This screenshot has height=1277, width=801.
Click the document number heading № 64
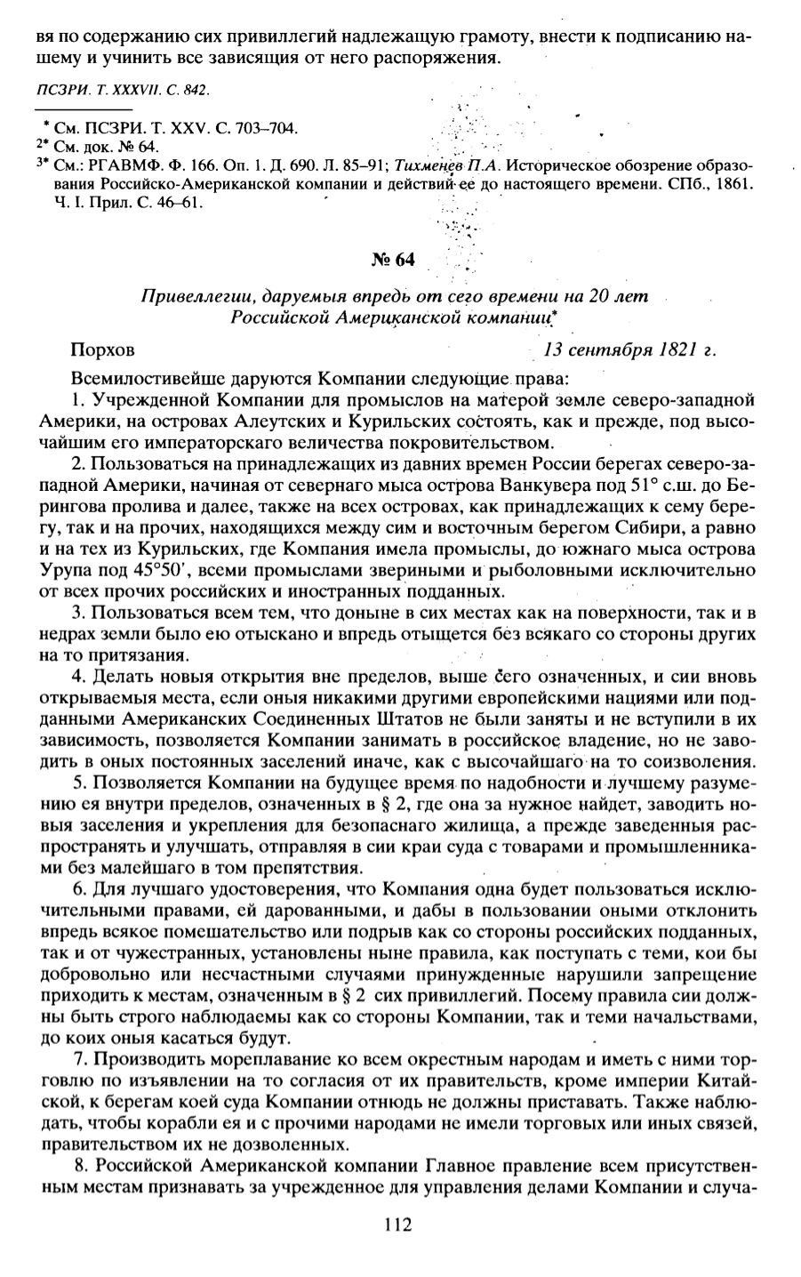(x=392, y=260)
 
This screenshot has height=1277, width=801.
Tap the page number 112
(x=398, y=1225)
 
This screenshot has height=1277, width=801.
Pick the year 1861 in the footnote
(x=736, y=184)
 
